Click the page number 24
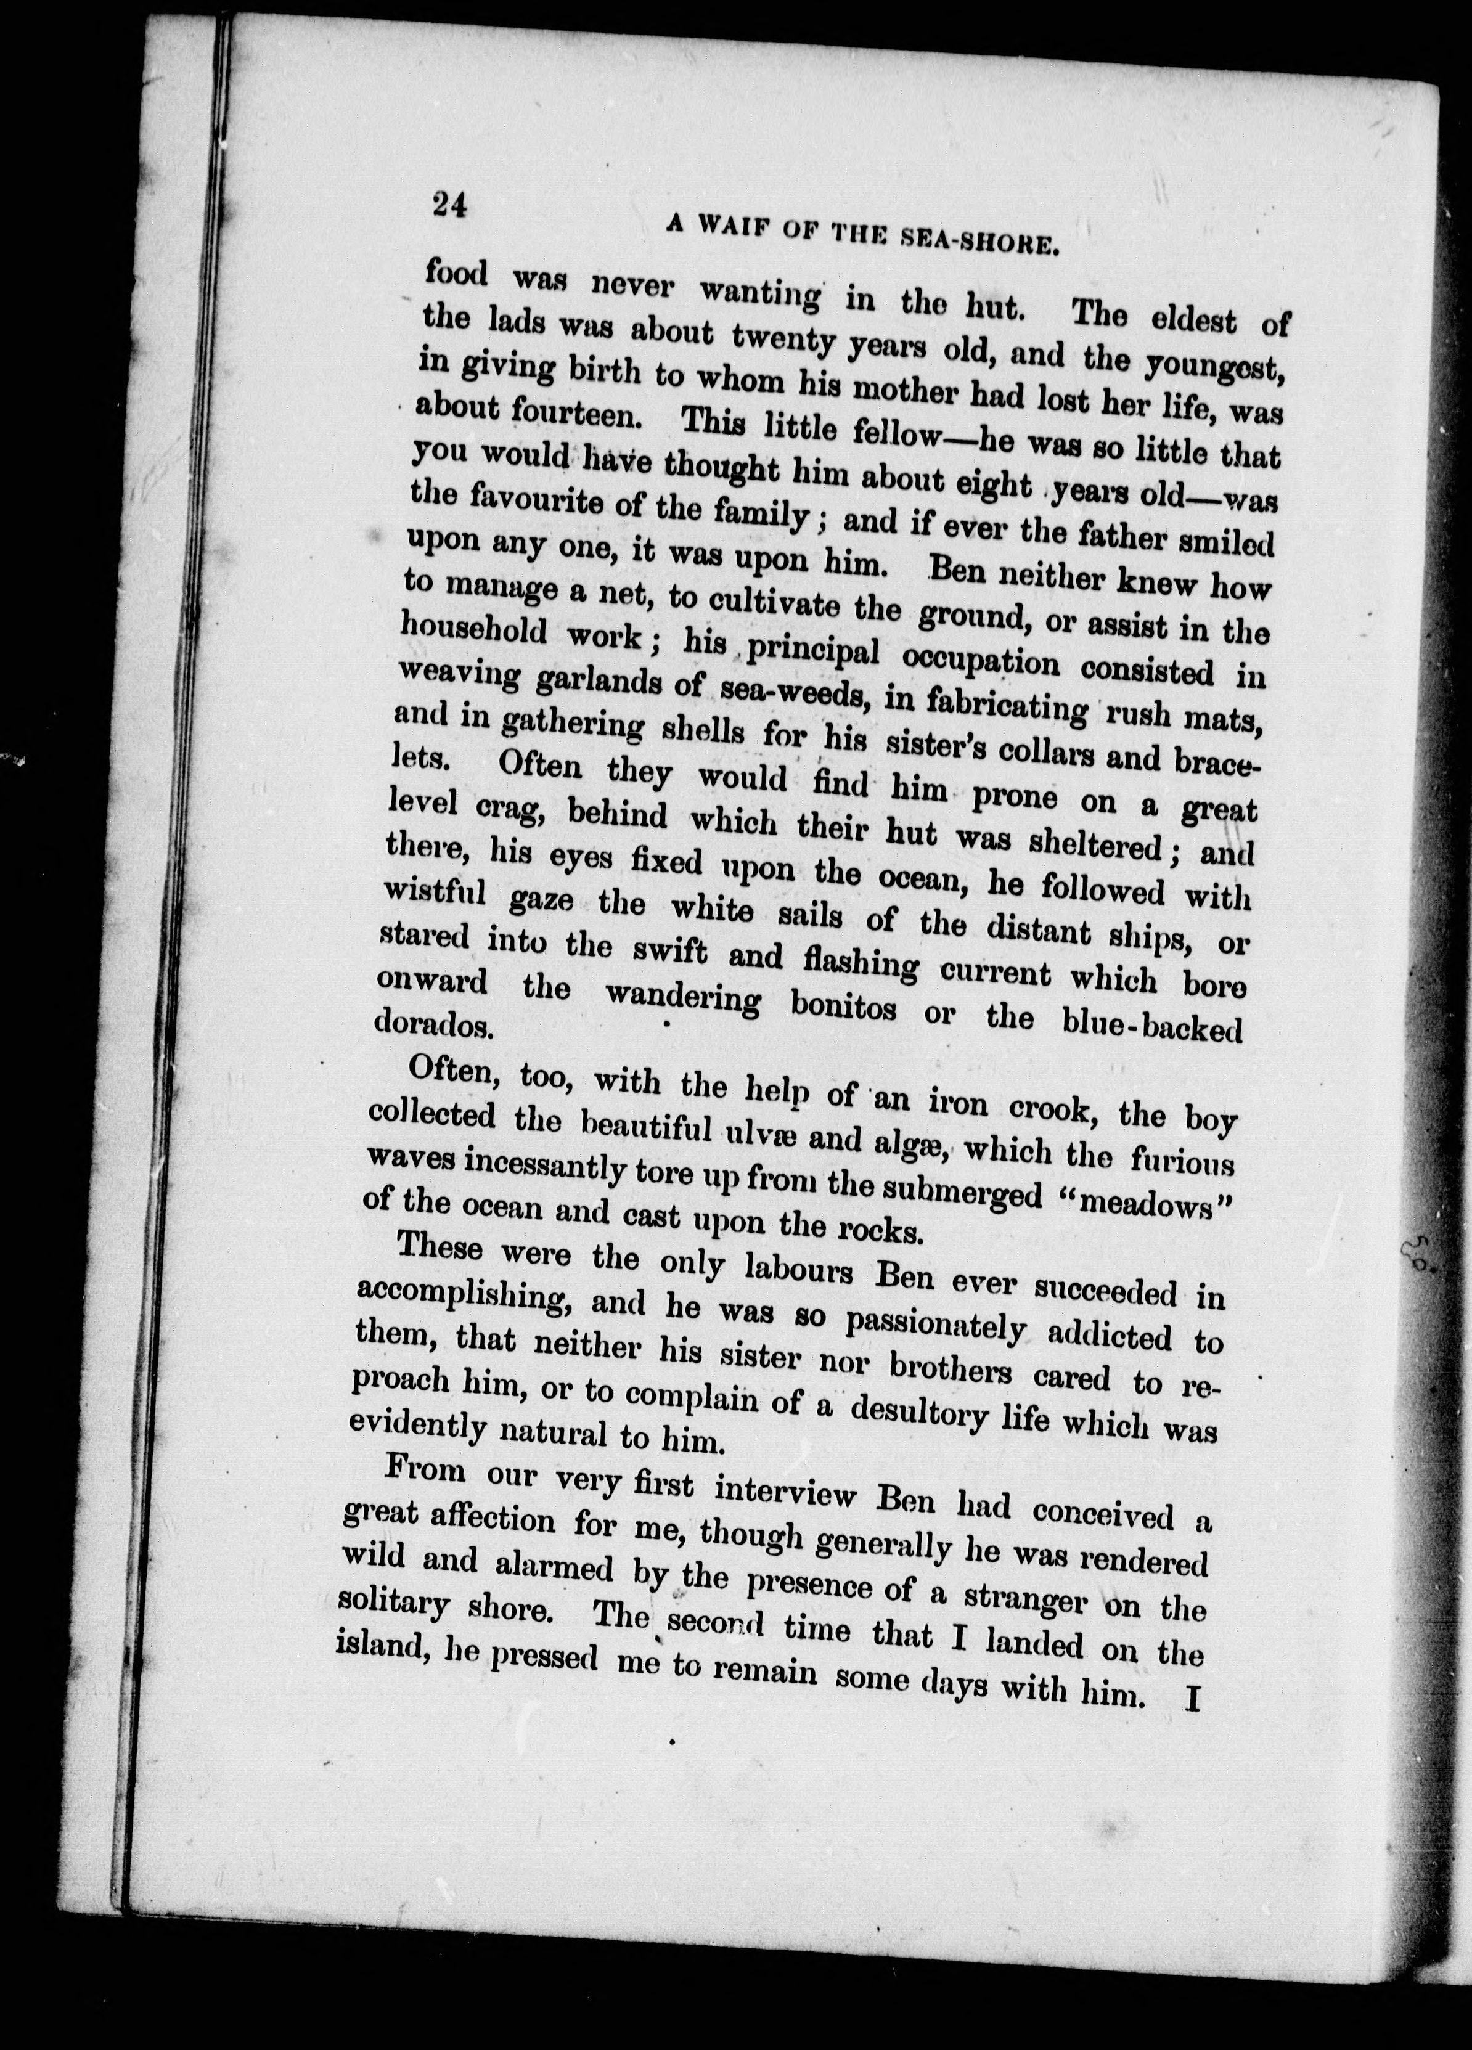[449, 206]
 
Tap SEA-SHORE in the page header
[982, 240]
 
